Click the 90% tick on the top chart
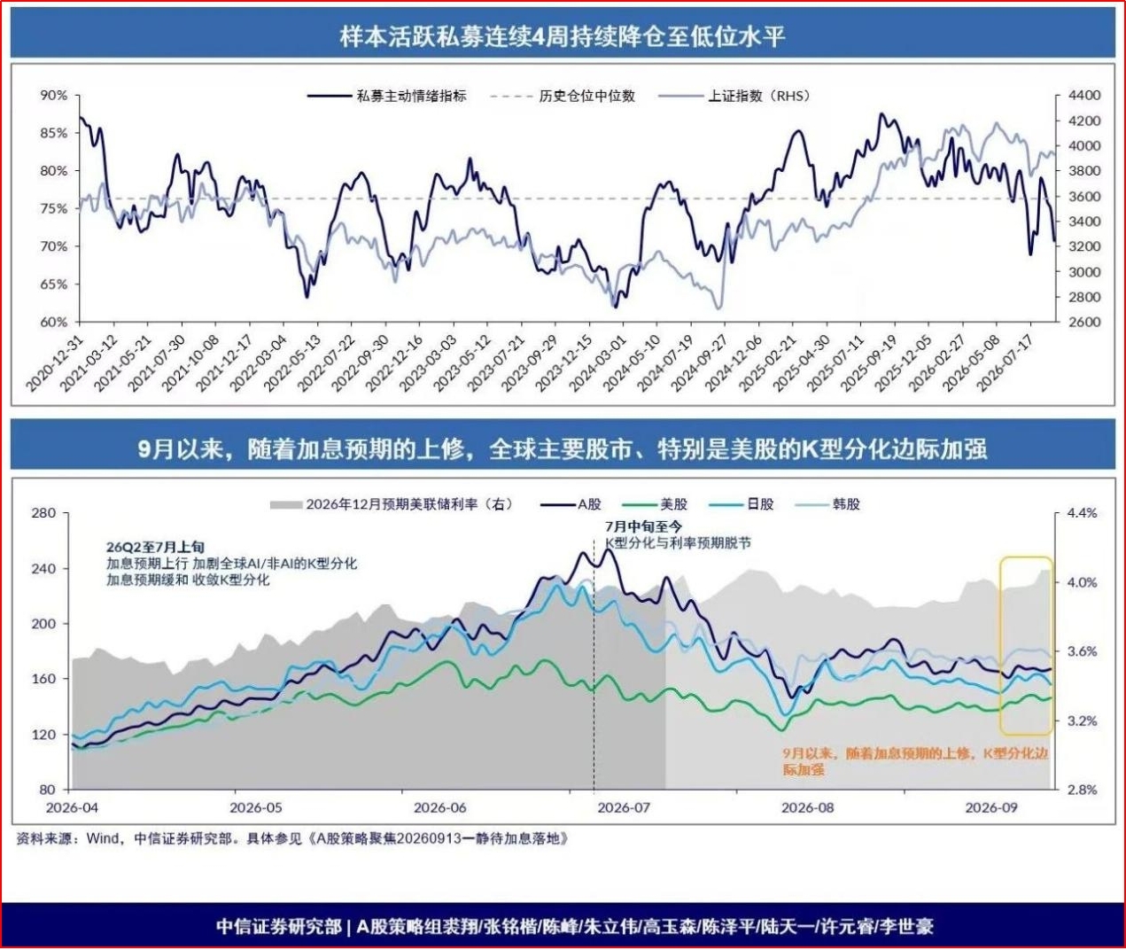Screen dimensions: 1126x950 [x=53, y=96]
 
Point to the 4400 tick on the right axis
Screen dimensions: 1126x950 [x=1084, y=96]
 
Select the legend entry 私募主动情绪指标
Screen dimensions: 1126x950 [x=386, y=96]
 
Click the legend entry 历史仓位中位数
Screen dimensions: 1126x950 [x=563, y=96]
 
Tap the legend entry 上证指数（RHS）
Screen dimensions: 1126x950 [x=734, y=96]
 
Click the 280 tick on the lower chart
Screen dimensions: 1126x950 [x=43, y=512]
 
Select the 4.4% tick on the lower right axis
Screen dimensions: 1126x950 [x=1083, y=512]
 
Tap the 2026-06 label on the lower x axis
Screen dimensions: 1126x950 [x=439, y=807]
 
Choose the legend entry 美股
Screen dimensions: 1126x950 [x=655, y=504]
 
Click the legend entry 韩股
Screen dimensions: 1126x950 [x=827, y=504]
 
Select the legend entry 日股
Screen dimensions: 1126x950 [x=742, y=504]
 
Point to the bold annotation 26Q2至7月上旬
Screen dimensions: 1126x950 [x=155, y=548]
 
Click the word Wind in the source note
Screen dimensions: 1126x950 [x=103, y=839]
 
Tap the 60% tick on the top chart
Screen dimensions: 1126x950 [x=53, y=322]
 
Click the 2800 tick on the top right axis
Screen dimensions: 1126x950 [x=1084, y=297]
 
